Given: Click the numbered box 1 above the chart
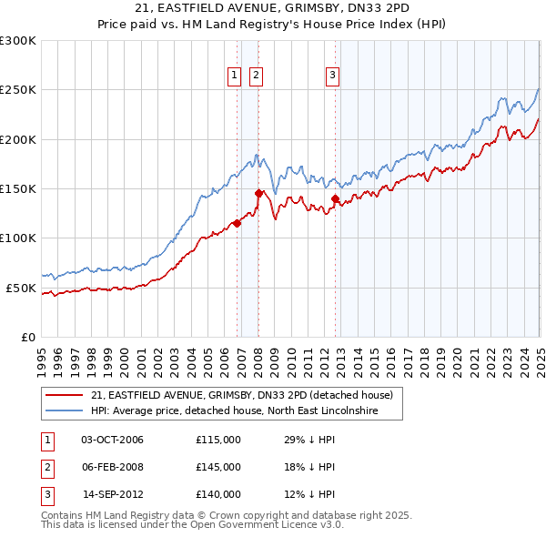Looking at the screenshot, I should point(235,76).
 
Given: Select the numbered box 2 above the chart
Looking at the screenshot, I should point(257,76).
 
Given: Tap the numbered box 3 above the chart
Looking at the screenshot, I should point(333,76).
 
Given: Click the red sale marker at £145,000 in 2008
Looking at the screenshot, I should point(258,193).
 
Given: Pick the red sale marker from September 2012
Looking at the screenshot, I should point(335,198).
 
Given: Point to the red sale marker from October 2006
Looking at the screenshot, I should point(237,223).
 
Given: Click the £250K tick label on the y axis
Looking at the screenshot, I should point(18,90).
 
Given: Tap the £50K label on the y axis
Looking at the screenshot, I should point(22,288).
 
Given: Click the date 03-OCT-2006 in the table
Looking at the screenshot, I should point(112,440).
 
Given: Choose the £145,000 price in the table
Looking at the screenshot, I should point(218,467).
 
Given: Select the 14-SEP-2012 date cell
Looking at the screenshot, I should point(113,494).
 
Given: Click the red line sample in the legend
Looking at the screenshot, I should point(64,395).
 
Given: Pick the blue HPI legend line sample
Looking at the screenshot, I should point(64,411).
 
